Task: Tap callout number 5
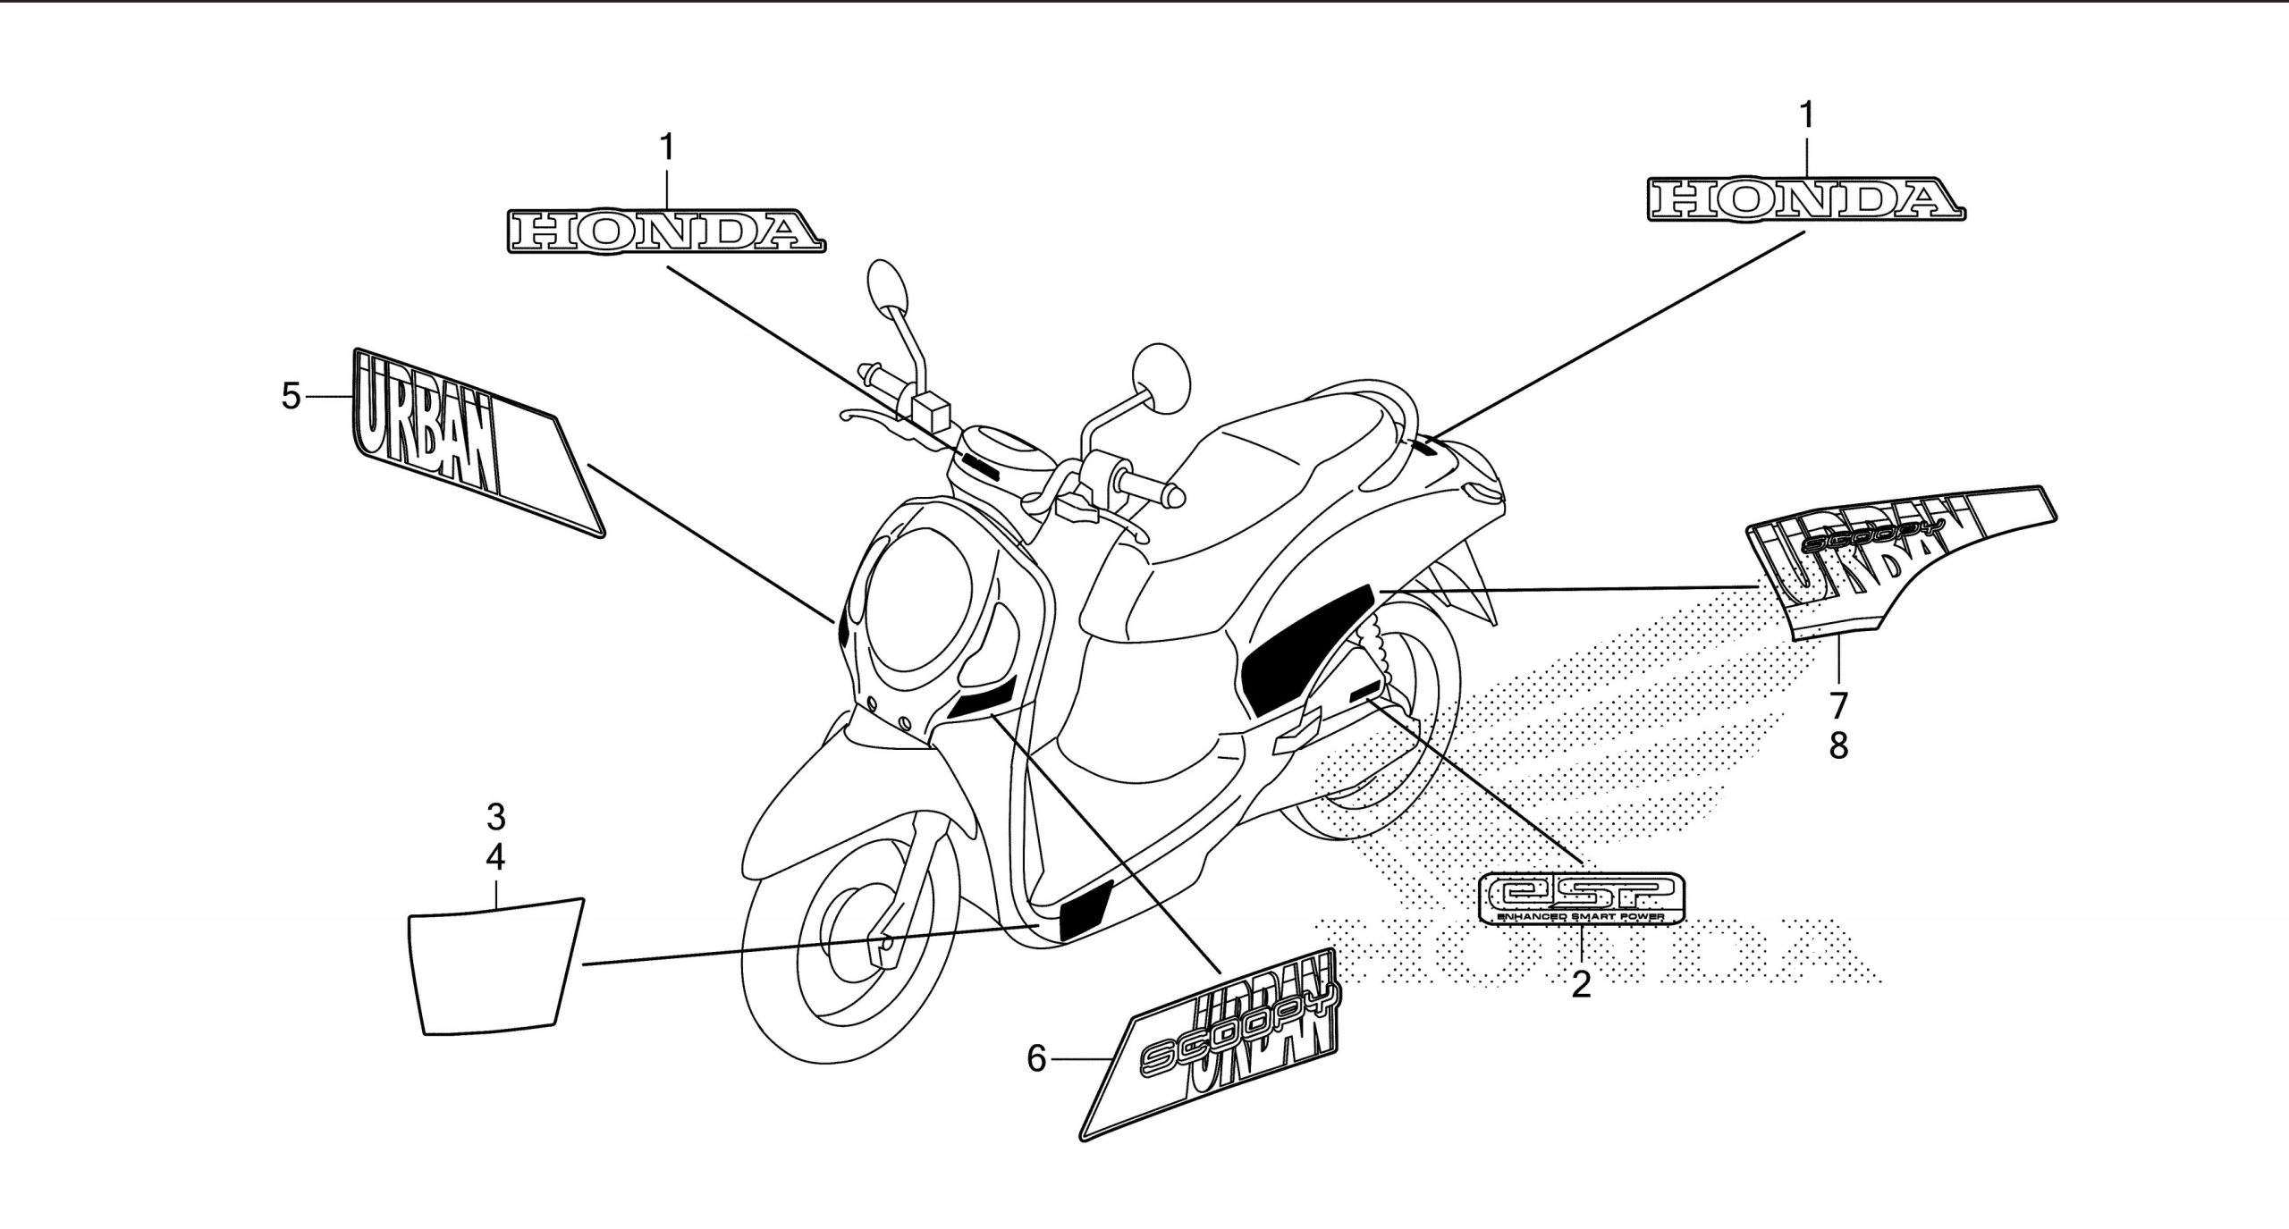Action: (291, 395)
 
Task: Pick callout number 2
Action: (1581, 984)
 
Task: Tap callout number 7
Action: (1838, 705)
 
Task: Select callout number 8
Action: (1838, 745)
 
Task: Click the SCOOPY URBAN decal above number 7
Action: (1896, 563)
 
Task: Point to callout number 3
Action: (495, 816)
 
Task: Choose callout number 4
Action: (495, 857)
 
